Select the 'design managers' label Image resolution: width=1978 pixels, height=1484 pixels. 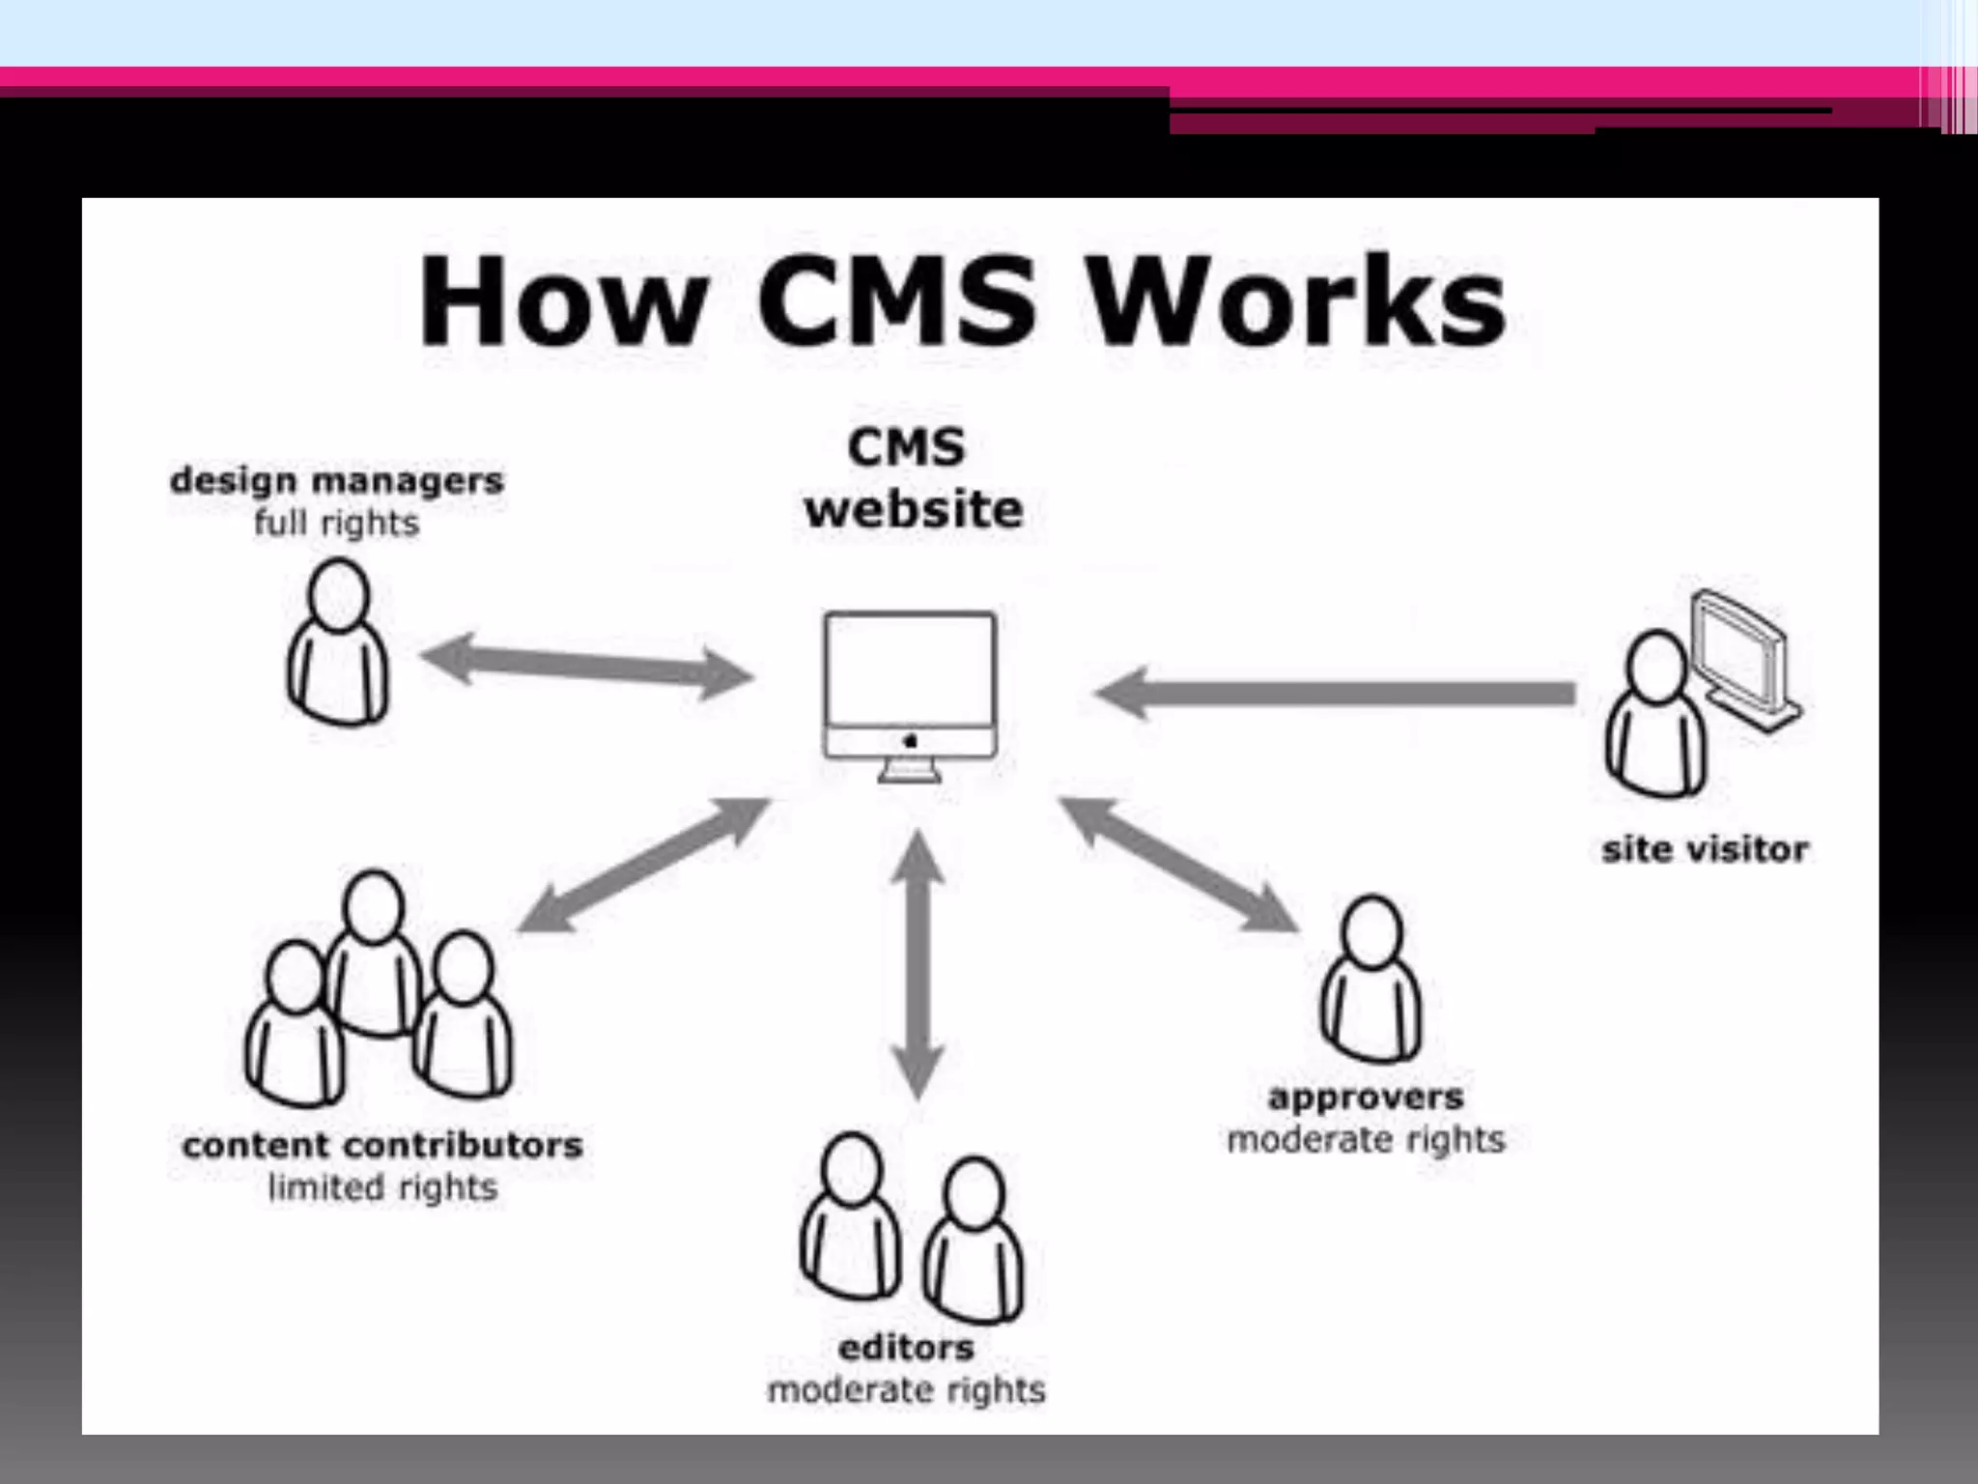click(337, 480)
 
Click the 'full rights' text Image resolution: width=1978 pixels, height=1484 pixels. click(337, 524)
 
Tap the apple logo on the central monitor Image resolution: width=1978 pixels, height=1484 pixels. click(910, 741)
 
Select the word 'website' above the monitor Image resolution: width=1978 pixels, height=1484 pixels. click(913, 509)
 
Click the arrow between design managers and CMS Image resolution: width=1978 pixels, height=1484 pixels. click(587, 664)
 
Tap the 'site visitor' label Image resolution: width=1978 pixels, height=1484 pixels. click(1705, 850)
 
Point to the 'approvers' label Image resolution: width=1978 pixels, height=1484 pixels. click(1366, 1098)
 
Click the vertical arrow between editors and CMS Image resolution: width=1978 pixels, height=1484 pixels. click(918, 966)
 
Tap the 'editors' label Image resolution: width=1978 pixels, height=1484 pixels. click(906, 1348)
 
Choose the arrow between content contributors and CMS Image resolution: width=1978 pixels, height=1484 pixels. click(644, 865)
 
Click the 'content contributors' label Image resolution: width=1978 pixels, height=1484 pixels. click(382, 1146)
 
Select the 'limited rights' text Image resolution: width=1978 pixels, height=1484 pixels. click(382, 1188)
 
